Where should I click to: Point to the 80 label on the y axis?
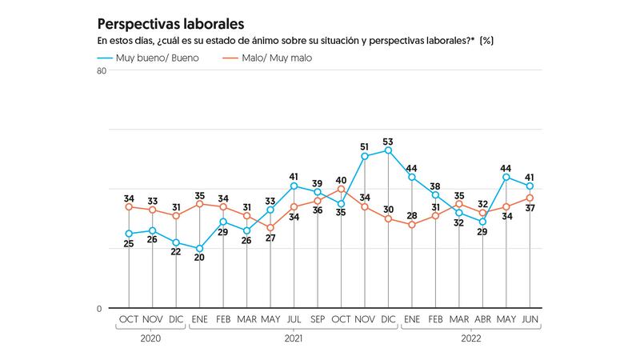(x=102, y=71)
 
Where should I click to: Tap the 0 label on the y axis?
(x=99, y=309)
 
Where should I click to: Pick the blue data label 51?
(x=364, y=146)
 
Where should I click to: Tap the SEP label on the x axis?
(x=318, y=320)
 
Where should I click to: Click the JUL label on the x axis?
(x=294, y=320)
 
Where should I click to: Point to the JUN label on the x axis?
(x=530, y=320)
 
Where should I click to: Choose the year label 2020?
(x=152, y=338)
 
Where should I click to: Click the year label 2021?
(x=294, y=338)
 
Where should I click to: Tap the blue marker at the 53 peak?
(x=388, y=150)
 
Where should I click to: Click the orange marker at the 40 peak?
(x=341, y=190)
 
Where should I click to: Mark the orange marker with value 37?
(x=530, y=198)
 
